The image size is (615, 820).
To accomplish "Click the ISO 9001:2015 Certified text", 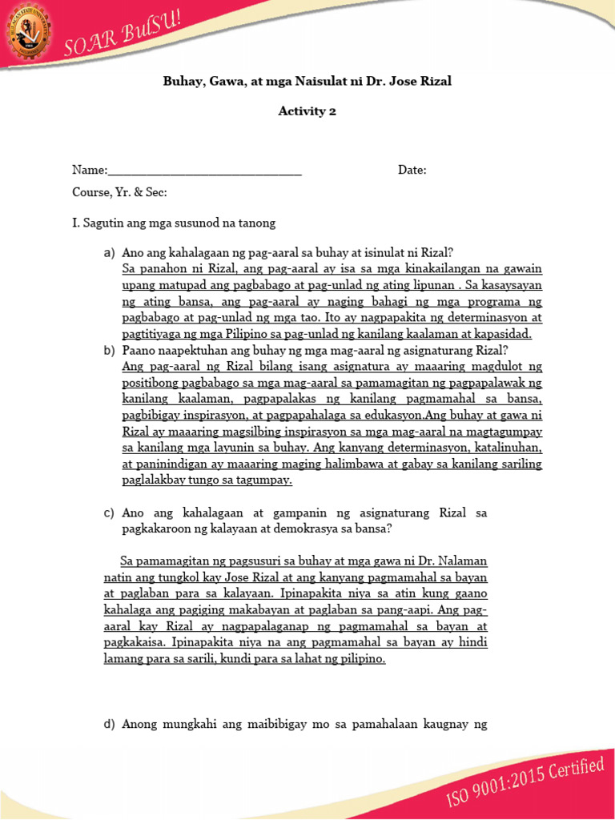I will point(525,784).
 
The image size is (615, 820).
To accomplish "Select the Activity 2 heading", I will point(307,111).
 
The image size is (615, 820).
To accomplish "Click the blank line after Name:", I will point(204,171).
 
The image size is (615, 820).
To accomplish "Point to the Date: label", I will point(412,170).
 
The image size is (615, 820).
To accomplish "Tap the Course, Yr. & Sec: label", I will point(119,192).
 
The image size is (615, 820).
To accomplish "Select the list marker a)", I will point(110,252).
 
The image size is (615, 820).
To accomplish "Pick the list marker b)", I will point(110,350).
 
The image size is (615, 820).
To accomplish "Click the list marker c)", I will point(110,512).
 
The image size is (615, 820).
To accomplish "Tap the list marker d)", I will point(110,725).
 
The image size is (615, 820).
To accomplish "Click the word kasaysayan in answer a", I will point(507,285).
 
